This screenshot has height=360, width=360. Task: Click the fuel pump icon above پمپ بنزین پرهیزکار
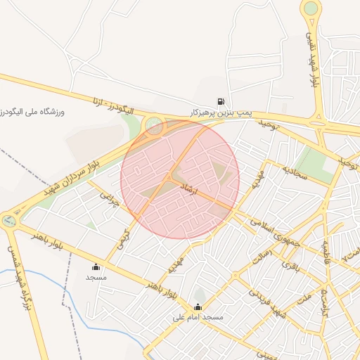pyautogui.click(x=222, y=102)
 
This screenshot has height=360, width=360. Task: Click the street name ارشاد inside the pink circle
pyautogui.click(x=193, y=190)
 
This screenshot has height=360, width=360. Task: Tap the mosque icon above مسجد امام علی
pyautogui.click(x=198, y=307)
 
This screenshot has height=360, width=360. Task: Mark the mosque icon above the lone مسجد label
pyautogui.click(x=96, y=267)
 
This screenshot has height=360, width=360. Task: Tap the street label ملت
pyautogui.click(x=304, y=300)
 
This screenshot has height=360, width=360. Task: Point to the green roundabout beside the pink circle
pyautogui.click(x=153, y=127)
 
